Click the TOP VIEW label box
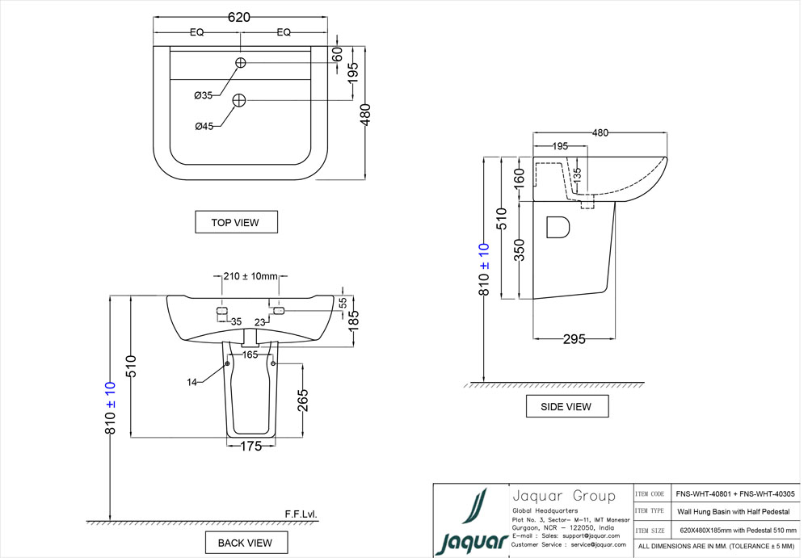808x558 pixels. pos(236,222)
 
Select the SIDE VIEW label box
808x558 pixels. pos(566,407)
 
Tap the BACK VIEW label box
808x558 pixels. pos(245,543)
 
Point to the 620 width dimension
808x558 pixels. pos(239,17)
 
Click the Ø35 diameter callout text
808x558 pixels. pos(203,95)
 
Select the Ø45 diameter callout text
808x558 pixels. pos(204,126)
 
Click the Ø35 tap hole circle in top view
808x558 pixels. pos(241,63)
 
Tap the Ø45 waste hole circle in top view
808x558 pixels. pos(239,100)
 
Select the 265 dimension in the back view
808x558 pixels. pos(302,400)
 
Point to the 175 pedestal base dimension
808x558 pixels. pos(251,447)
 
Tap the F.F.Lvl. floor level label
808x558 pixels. pos(301,514)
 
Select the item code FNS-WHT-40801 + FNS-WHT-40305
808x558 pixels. pos(734,493)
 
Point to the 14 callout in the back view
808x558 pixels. pos(192,382)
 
